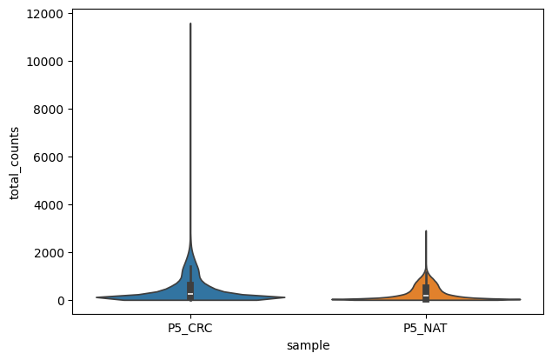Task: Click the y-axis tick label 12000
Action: (x=49, y=14)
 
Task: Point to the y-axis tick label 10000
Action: (x=49, y=62)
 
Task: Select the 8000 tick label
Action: (x=51, y=110)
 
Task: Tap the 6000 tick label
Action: (x=51, y=157)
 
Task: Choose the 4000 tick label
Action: (x=51, y=205)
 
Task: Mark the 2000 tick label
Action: (x=51, y=253)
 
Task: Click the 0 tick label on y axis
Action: (x=61, y=301)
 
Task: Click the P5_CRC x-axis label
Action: (x=190, y=329)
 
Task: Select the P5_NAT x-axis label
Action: (x=425, y=329)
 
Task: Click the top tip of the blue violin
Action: (x=190, y=23)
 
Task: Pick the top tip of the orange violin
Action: (x=425, y=231)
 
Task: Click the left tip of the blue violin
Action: (x=96, y=297)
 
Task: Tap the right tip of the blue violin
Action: (x=285, y=297)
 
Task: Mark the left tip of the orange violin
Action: (x=331, y=299)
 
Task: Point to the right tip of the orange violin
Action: (x=520, y=299)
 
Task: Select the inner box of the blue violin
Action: (x=190, y=290)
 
